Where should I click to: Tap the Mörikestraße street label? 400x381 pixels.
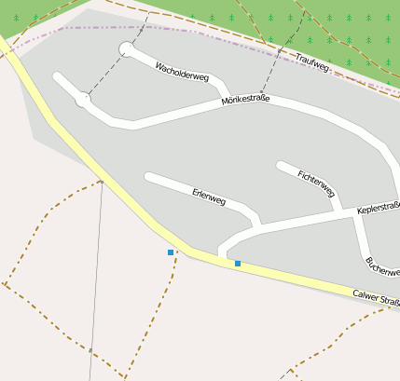tap(252, 100)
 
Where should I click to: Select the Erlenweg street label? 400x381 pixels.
tap(209, 197)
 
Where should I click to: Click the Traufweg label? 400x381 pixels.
tap(312, 61)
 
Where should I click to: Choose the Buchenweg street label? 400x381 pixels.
tap(382, 270)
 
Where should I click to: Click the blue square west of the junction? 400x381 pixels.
tap(171, 252)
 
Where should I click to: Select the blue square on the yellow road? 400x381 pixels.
tap(238, 264)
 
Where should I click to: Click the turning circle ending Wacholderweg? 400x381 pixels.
tap(126, 48)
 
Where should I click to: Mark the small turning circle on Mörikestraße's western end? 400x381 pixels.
tap(83, 99)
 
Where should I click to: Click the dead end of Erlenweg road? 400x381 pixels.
tap(148, 175)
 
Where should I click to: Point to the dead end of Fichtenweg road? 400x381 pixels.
tap(280, 166)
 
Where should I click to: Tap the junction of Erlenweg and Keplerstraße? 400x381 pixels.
tap(258, 225)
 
